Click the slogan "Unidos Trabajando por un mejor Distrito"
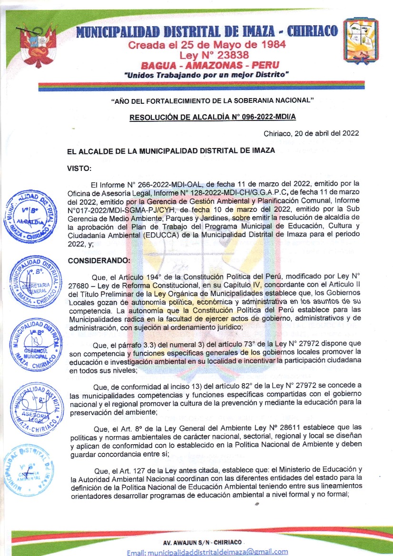pyautogui.click(x=206, y=75)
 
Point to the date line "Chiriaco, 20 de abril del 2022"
pyautogui.click(x=311, y=134)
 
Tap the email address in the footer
pyautogui.click(x=207, y=552)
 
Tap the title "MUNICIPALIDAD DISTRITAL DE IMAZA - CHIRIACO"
pyautogui.click(x=207, y=31)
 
